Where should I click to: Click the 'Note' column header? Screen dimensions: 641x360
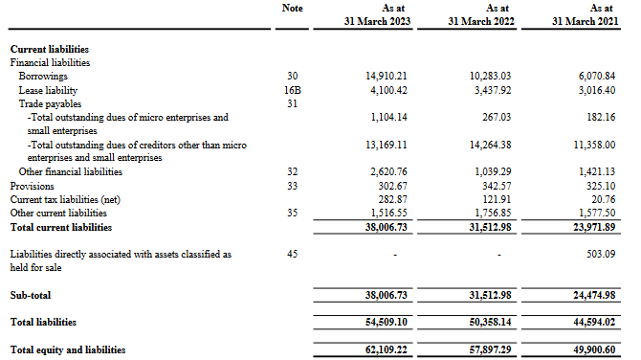(294, 8)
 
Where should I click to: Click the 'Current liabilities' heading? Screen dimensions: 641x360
(50, 48)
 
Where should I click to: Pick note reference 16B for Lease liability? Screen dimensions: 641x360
(294, 89)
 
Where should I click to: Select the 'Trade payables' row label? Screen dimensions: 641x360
(46, 103)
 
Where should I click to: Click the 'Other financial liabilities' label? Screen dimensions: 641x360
(71, 172)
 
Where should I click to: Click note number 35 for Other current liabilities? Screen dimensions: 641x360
(294, 214)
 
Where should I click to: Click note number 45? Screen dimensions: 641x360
(294, 255)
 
